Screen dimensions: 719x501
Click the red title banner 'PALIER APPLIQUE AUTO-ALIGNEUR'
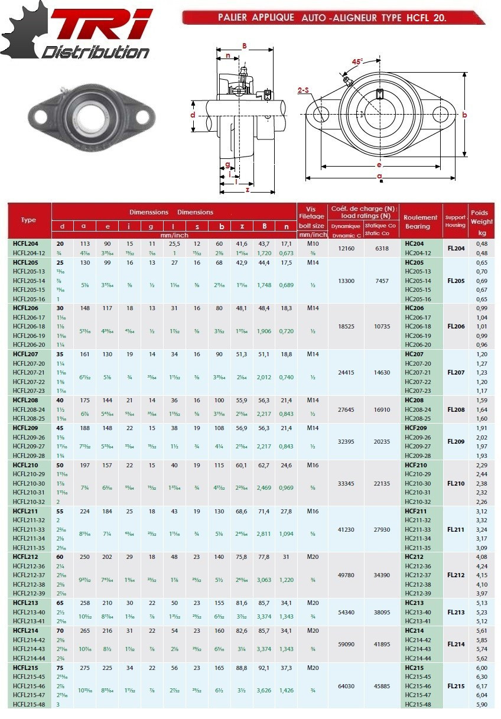pyautogui.click(x=332, y=18)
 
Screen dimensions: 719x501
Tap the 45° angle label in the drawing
pyautogui.click(x=357, y=61)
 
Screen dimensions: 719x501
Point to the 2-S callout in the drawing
pyautogui.click(x=304, y=90)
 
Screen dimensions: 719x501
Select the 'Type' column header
pyautogui.click(x=28, y=220)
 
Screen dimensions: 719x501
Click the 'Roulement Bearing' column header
pyautogui.click(x=421, y=222)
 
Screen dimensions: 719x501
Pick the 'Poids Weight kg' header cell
pyautogui.click(x=482, y=222)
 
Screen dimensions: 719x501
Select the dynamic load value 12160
pyautogui.click(x=346, y=248)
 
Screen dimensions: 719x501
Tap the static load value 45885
pyautogui.click(x=382, y=686)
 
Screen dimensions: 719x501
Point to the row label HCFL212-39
pyautogui.click(x=29, y=593)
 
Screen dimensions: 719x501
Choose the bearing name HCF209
pyautogui.click(x=417, y=428)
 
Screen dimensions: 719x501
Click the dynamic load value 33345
pyautogui.click(x=346, y=483)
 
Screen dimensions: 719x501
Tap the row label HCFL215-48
pyautogui.click(x=29, y=704)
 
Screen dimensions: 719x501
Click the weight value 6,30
pyautogui.click(x=482, y=676)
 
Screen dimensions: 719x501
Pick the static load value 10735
pyautogui.click(x=382, y=326)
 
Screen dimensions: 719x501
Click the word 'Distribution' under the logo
pyautogui.click(x=95, y=52)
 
